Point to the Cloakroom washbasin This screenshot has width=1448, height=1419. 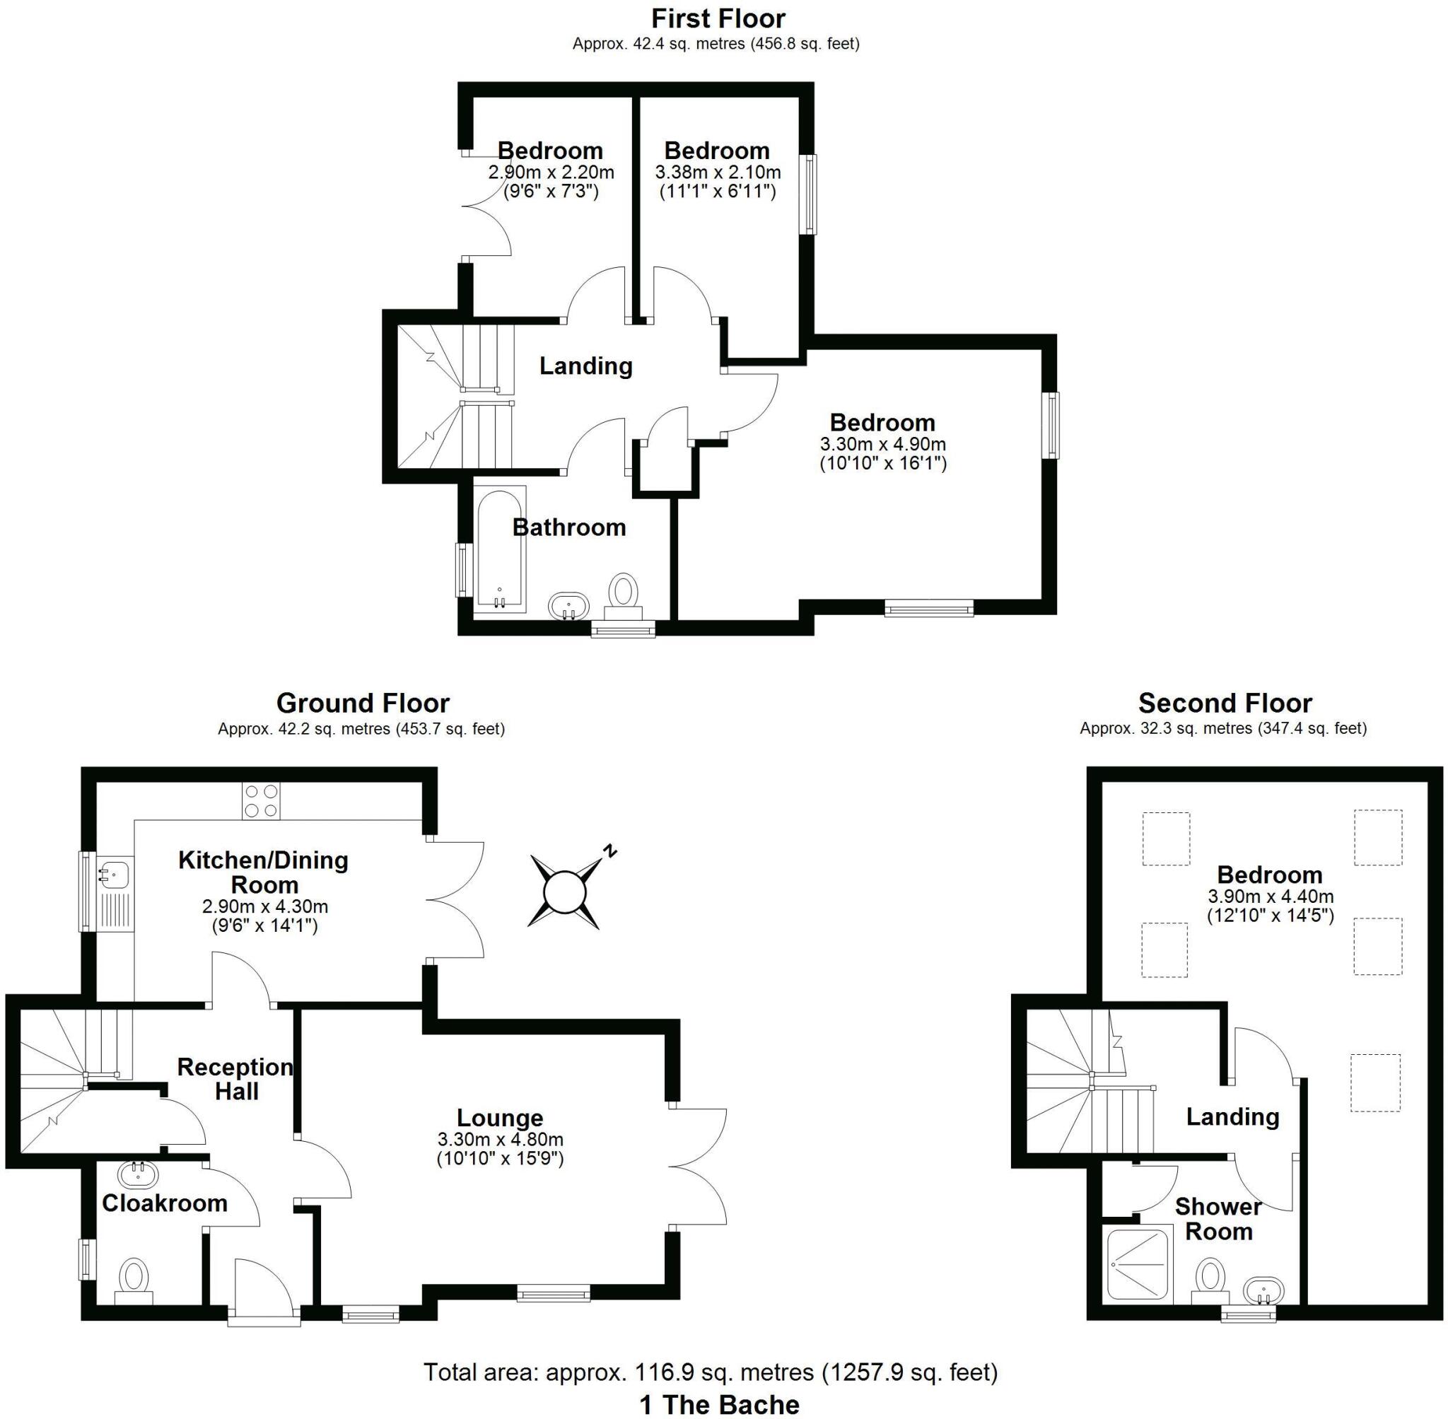(138, 1176)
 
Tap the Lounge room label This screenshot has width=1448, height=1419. (499, 1118)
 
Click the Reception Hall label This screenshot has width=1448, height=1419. (235, 1079)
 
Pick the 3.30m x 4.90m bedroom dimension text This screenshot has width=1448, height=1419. (883, 445)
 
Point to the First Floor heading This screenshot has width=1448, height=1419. (718, 18)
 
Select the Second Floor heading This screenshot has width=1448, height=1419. (1225, 703)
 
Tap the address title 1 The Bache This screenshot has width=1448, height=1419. (719, 1405)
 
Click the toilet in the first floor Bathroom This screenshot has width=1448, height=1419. (623, 594)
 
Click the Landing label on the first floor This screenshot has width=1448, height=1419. (585, 366)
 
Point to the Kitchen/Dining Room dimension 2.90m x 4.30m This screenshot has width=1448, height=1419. (264, 907)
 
